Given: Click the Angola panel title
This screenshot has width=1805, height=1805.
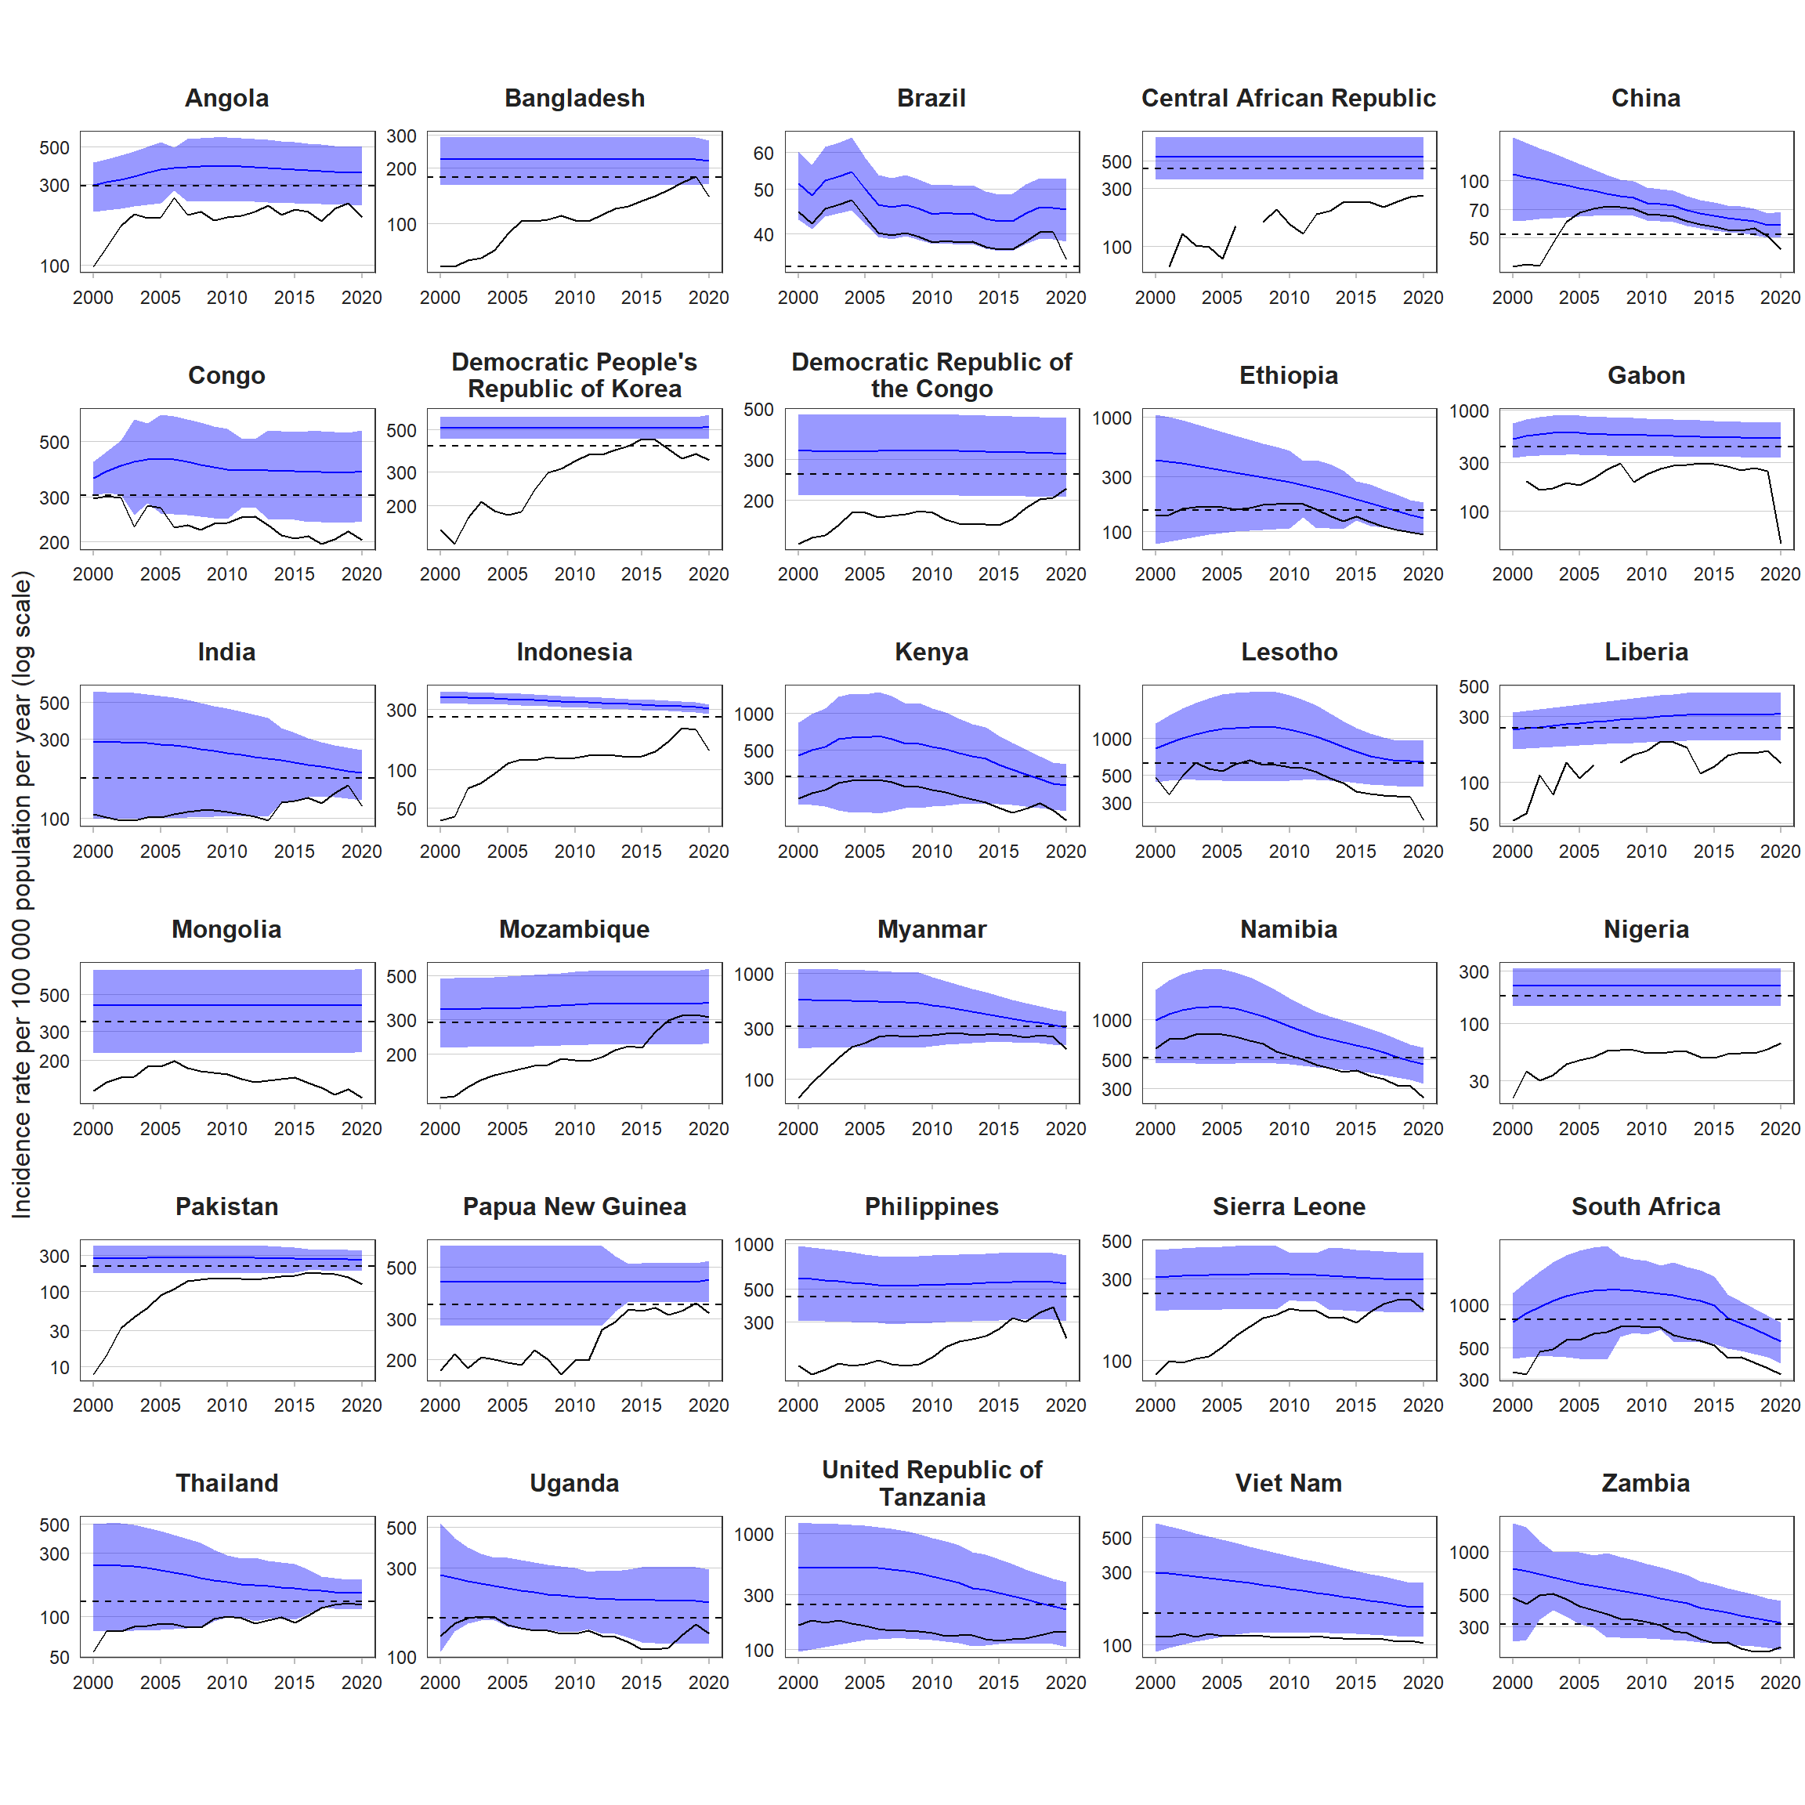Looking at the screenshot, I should [226, 98].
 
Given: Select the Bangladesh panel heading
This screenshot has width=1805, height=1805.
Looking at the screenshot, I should [574, 98].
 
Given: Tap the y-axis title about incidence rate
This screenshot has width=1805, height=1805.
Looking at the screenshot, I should [20, 894].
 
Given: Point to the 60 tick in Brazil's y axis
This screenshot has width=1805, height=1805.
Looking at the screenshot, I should [763, 154].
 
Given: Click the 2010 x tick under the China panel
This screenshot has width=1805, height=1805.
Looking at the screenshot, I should [1646, 297].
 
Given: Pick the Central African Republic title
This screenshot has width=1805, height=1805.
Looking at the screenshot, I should [1289, 98].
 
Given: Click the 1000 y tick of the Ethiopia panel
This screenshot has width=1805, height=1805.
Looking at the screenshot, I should [1112, 418].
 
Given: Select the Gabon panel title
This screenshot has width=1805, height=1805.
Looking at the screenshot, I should [1646, 375].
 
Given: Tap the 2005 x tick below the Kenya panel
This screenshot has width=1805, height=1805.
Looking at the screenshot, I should [864, 851].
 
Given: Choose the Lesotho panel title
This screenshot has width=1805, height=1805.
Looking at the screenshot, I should [1289, 652].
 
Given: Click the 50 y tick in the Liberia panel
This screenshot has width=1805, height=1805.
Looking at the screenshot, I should [1478, 825].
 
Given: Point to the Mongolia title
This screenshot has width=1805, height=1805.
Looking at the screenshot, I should [226, 930].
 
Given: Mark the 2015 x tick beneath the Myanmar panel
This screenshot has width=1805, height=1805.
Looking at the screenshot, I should [999, 1129].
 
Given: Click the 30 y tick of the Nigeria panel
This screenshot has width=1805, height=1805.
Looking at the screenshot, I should [1478, 1082].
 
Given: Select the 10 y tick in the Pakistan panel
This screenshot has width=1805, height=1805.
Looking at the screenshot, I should [60, 1368].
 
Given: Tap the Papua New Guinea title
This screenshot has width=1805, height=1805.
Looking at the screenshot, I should [574, 1207].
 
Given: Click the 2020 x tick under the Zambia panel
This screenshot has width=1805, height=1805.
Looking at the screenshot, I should [1780, 1683].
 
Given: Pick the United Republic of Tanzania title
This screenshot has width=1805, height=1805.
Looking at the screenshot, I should [931, 1484].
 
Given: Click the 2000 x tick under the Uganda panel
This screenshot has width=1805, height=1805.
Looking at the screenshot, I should [440, 1683].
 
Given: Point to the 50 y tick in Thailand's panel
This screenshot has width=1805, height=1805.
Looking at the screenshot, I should [60, 1658].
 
